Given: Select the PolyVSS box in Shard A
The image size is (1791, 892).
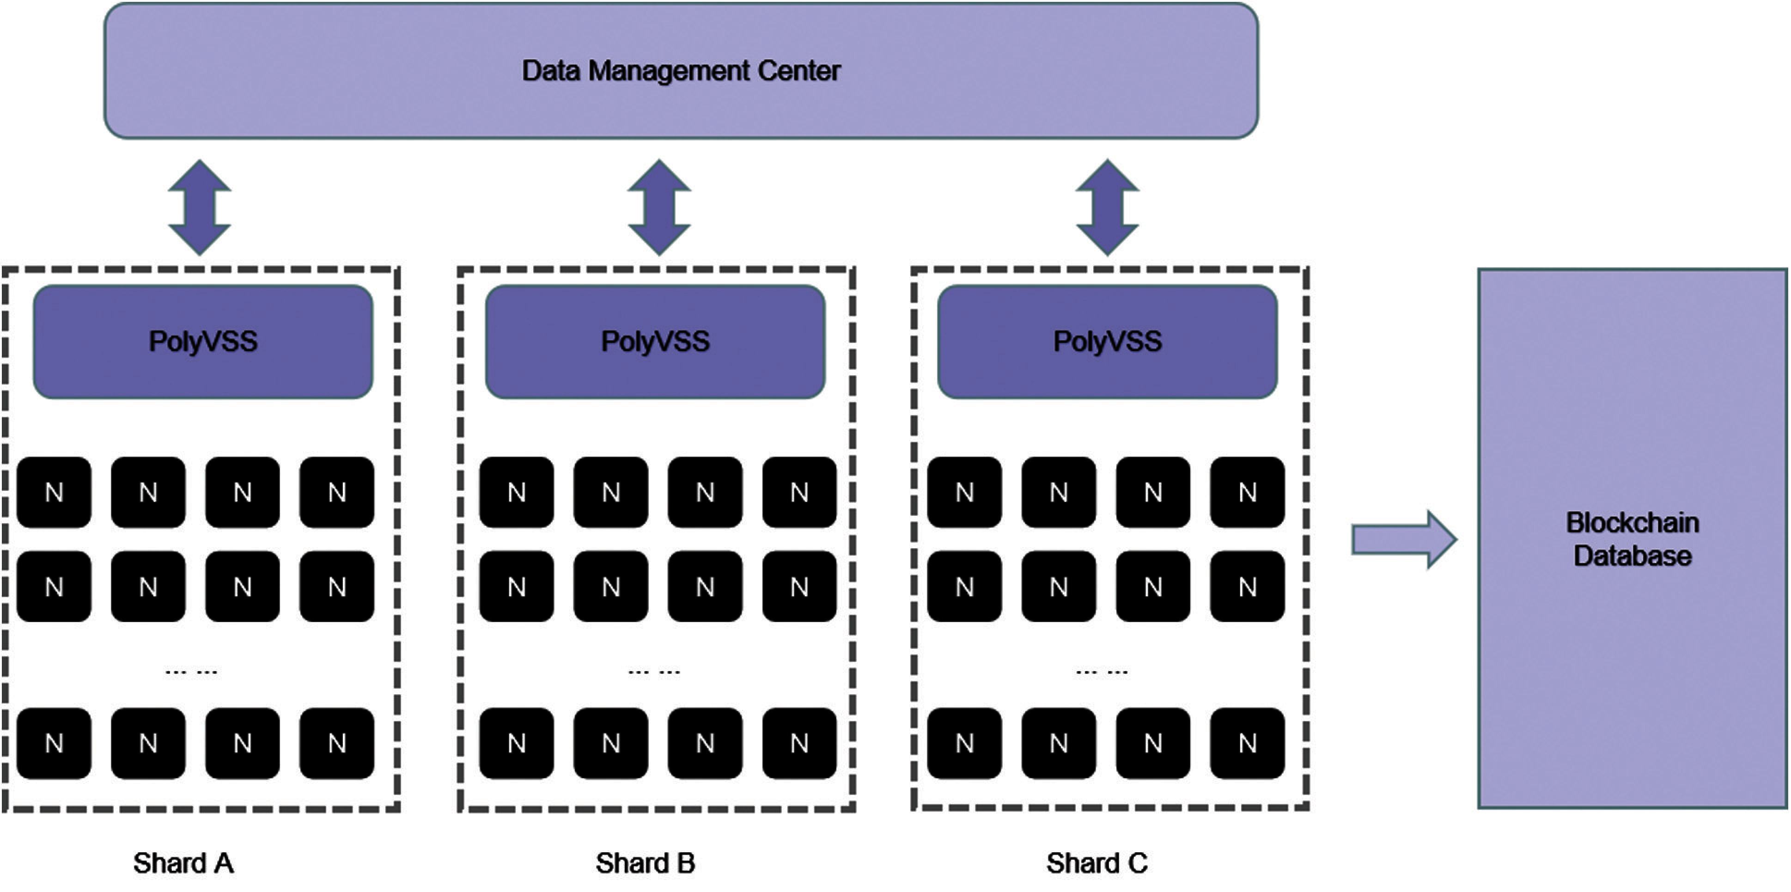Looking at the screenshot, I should (203, 342).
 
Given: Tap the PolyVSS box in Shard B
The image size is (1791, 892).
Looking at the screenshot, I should (655, 342).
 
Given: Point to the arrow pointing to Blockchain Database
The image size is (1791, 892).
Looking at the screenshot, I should (1403, 539).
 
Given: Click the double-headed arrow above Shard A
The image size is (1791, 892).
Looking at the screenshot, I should (200, 207).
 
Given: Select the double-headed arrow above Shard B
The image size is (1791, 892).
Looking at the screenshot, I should (659, 207).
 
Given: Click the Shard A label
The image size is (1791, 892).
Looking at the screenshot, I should (183, 863).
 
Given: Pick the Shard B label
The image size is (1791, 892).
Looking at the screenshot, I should (645, 863).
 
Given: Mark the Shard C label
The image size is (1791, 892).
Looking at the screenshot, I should (1097, 863).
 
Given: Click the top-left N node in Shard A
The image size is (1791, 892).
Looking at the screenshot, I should (54, 492).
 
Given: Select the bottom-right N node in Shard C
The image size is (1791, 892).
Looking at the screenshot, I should (1247, 743).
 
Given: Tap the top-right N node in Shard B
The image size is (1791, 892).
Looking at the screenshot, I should (799, 492).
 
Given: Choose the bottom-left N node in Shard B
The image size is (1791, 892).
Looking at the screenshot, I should (517, 743).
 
